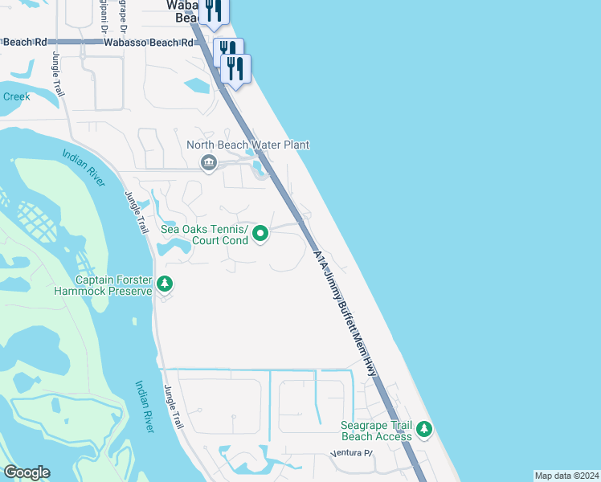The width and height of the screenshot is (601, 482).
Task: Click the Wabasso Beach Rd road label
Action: (149, 42)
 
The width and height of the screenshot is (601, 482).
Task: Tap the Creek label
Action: (16, 96)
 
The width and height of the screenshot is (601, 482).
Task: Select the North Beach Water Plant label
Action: (248, 145)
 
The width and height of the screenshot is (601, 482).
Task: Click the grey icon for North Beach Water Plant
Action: (209, 164)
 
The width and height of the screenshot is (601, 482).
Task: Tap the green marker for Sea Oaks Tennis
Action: (260, 234)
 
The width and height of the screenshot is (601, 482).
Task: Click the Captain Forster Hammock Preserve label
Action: (113, 285)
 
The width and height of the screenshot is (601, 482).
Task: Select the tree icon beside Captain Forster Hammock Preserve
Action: (165, 284)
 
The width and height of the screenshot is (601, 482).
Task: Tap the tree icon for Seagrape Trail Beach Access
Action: (424, 431)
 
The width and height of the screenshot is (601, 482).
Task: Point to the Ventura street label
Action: (351, 454)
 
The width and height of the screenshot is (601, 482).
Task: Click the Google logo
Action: (27, 472)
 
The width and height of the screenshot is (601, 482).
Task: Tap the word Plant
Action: (294, 145)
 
